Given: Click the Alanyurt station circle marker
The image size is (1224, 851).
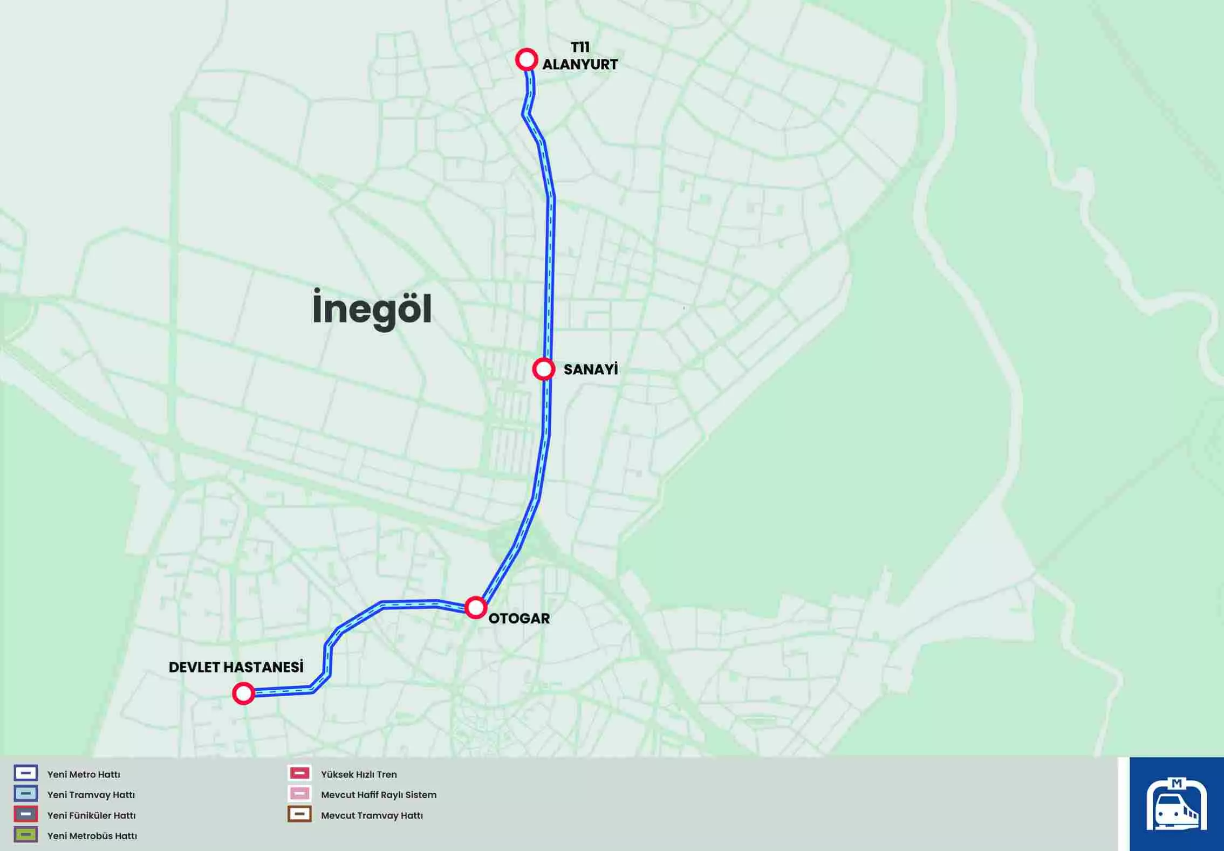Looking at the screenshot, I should (526, 59).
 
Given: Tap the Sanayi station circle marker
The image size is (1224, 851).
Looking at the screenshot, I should (544, 369).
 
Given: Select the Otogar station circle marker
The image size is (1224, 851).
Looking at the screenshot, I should (476, 607).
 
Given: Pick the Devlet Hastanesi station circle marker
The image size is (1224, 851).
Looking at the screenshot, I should (244, 693).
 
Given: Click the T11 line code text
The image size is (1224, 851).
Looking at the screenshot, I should (580, 47).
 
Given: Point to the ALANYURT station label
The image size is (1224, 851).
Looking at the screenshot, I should (580, 65).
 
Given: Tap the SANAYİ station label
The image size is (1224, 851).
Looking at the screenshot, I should (591, 369).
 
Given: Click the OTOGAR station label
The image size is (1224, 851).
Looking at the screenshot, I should (519, 619).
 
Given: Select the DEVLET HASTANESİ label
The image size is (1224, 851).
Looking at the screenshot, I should (236, 668).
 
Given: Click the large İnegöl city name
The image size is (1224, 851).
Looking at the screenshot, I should (372, 308).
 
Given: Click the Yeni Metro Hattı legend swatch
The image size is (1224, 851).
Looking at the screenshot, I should (25, 773).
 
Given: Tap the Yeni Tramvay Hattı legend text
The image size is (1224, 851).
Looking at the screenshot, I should (91, 795).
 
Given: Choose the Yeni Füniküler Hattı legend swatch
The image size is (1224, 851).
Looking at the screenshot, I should (25, 814).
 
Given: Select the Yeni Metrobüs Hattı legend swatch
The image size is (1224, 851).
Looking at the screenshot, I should (25, 835).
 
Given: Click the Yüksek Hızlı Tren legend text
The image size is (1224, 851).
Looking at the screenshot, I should (359, 774).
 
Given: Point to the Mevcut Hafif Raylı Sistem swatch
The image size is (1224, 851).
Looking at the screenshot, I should (299, 794).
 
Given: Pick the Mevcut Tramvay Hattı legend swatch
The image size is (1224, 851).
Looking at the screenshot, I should (299, 814).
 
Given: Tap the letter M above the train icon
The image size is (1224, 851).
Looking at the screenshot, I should (1177, 784).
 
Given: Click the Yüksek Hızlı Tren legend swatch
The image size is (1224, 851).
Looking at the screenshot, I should (299, 773).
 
